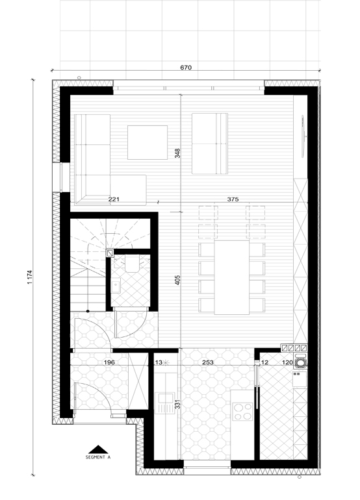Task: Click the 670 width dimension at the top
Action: pyautogui.click(x=186, y=68)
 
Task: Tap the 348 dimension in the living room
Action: pyautogui.click(x=178, y=153)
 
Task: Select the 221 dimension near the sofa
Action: pyautogui.click(x=114, y=199)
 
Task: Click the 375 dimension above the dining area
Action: pyautogui.click(x=233, y=199)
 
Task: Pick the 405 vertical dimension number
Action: pyautogui.click(x=178, y=281)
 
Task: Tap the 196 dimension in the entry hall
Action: pyautogui.click(x=109, y=362)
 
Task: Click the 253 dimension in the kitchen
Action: pyautogui.click(x=208, y=362)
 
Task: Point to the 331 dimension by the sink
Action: pyautogui.click(x=178, y=405)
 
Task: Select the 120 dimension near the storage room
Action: pyautogui.click(x=287, y=362)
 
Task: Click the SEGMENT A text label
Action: pyautogui.click(x=98, y=457)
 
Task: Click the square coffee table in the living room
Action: pyautogui.click(x=148, y=142)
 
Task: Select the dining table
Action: pyautogui.click(x=232, y=277)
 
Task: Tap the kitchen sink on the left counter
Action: pyautogui.click(x=164, y=403)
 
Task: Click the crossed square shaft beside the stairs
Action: pyautogui.click(x=110, y=253)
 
